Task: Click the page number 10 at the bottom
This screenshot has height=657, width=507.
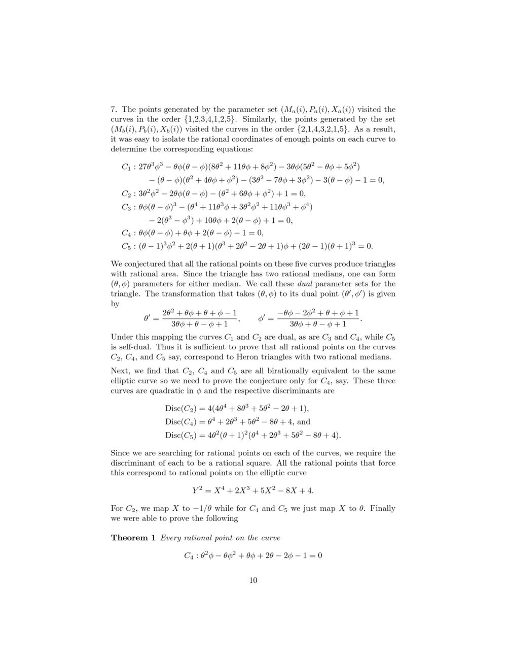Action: click(253, 580)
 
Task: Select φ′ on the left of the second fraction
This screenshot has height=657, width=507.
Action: click(262, 319)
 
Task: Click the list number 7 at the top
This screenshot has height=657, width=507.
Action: click(114, 110)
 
